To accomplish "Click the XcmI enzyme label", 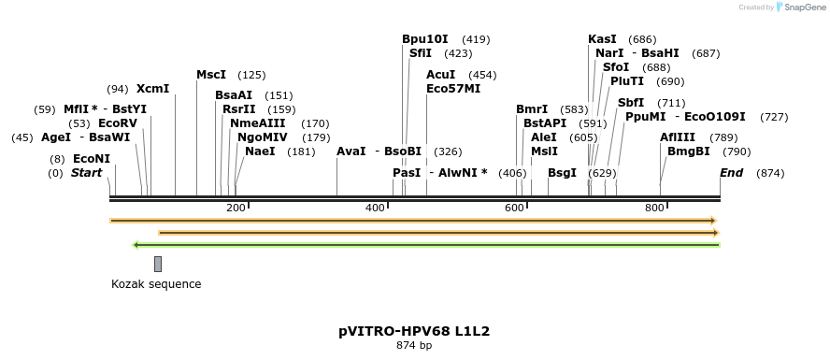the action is click(152, 89).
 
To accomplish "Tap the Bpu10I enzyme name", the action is click(425, 39).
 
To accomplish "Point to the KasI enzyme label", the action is click(602, 39).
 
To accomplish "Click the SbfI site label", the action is click(631, 103).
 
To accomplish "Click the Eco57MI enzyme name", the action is click(453, 89).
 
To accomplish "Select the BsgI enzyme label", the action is click(562, 173).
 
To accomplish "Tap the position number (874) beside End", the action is click(770, 173).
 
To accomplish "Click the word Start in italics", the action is click(86, 173).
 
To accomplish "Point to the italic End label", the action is click(731, 173).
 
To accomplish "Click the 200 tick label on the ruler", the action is click(236, 207).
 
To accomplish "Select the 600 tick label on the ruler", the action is click(514, 207).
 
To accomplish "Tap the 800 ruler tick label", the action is click(654, 207).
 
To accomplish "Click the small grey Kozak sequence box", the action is click(158, 264).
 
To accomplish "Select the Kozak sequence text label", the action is click(156, 284).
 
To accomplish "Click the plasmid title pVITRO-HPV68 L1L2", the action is click(414, 331).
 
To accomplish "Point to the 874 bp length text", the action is click(414, 346).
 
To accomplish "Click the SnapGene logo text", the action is click(801, 7).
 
